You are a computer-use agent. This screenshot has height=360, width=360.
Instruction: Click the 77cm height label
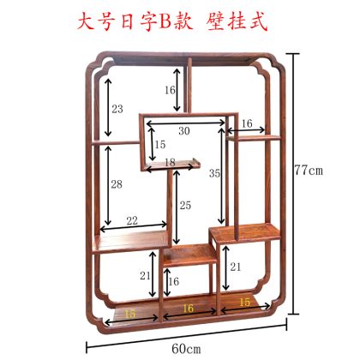pos(309,171)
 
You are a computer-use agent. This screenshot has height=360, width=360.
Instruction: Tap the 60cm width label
pos(186,349)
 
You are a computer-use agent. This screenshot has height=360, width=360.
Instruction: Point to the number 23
pos(117,109)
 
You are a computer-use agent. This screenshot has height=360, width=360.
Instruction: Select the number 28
pos(117,184)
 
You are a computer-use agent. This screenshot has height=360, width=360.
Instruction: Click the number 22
pos(132,220)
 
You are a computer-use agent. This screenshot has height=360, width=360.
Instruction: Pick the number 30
pos(184,131)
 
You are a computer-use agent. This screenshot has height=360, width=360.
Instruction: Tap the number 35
pos(214,173)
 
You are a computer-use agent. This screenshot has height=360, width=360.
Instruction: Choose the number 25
pos(185,205)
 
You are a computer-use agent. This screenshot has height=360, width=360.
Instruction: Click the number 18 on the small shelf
pos(170,162)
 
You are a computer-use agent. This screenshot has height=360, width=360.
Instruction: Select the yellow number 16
pos(188,309)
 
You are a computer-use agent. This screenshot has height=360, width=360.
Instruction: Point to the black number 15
pos(160,144)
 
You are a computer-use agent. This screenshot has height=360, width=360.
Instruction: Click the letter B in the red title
pos(165,21)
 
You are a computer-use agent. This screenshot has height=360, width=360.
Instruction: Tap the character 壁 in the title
pos(215,21)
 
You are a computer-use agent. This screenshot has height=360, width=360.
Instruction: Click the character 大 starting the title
pos(86,21)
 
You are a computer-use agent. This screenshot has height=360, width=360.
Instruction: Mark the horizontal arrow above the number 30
pos(186,123)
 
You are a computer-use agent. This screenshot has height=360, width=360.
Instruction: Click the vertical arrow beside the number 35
pos(221,176)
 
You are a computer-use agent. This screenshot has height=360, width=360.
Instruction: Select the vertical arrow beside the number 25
pos(177,207)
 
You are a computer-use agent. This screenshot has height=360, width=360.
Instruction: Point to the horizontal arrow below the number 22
pos(134,227)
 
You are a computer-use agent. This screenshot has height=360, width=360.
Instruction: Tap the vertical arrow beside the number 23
pos(108,107)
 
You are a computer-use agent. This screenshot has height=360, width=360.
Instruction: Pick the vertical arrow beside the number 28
pos(108,185)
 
